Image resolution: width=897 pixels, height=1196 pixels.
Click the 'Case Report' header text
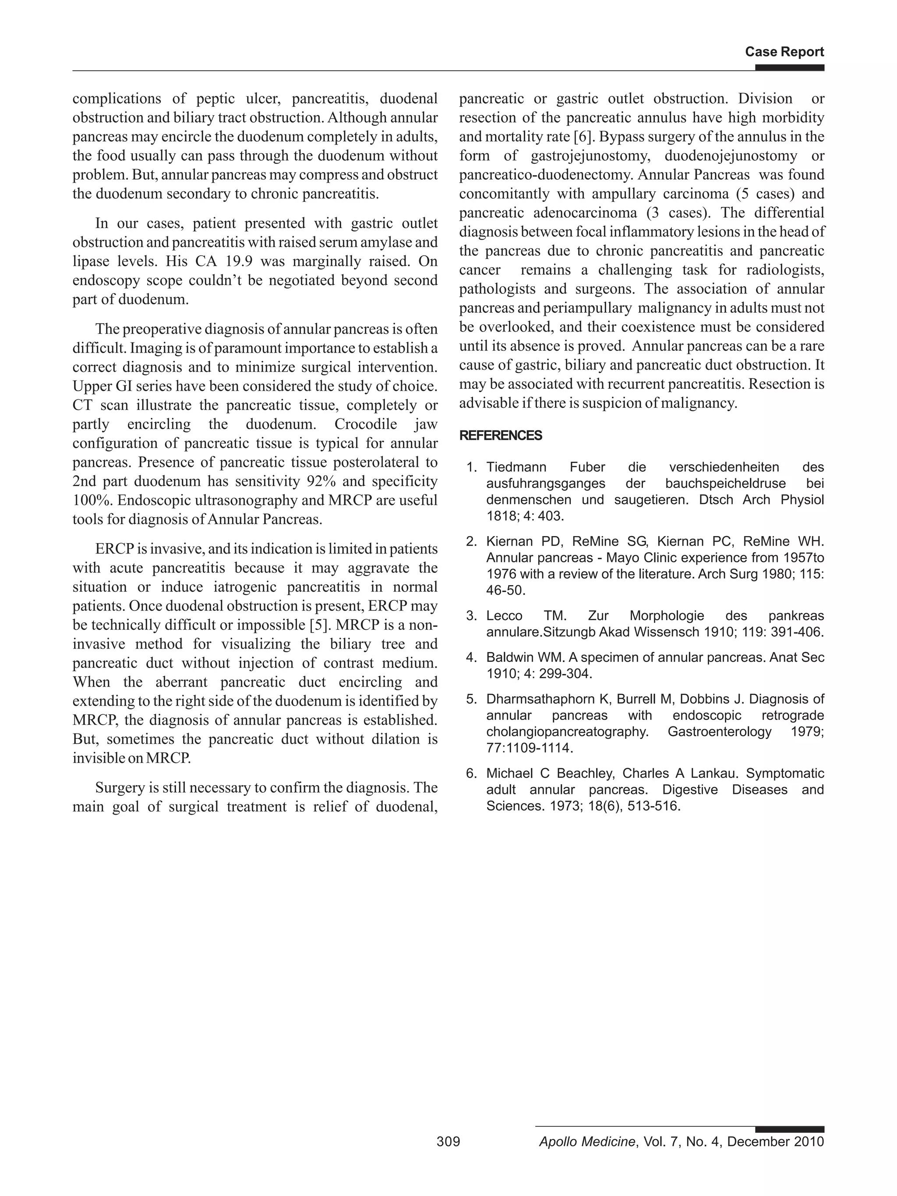[784, 52]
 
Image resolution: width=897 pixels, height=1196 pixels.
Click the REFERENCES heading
[500, 436]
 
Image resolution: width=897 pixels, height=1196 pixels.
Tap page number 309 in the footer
[448, 1141]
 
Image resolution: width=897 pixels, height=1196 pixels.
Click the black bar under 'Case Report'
[789, 67]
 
